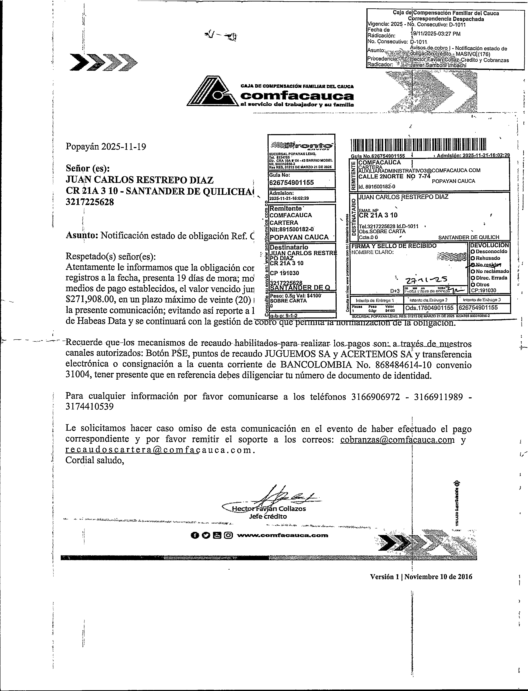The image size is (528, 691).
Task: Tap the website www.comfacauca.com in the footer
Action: pyautogui.click(x=282, y=535)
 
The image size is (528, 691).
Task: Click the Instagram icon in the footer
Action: pyautogui.click(x=229, y=535)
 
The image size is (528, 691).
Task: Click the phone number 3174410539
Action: pyautogui.click(x=90, y=407)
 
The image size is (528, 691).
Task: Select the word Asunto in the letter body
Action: pyautogui.click(x=81, y=235)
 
